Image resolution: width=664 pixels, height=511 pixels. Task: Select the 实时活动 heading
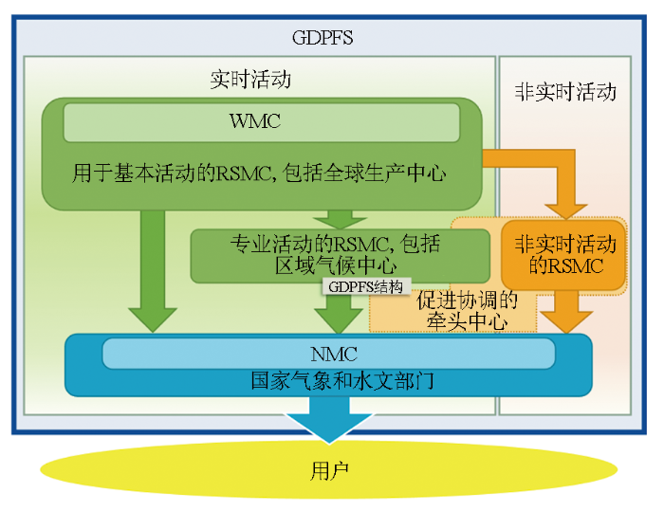(x=250, y=80)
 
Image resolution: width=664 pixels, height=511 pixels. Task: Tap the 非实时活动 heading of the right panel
(x=565, y=92)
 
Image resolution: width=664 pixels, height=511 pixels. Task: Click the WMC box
(x=261, y=122)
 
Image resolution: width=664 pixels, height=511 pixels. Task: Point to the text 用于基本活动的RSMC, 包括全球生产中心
(x=259, y=173)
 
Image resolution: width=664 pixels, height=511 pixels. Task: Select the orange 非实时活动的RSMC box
(x=564, y=255)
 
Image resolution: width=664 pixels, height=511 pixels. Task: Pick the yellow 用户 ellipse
(x=328, y=469)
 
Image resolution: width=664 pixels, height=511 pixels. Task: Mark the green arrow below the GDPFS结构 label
(x=333, y=313)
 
